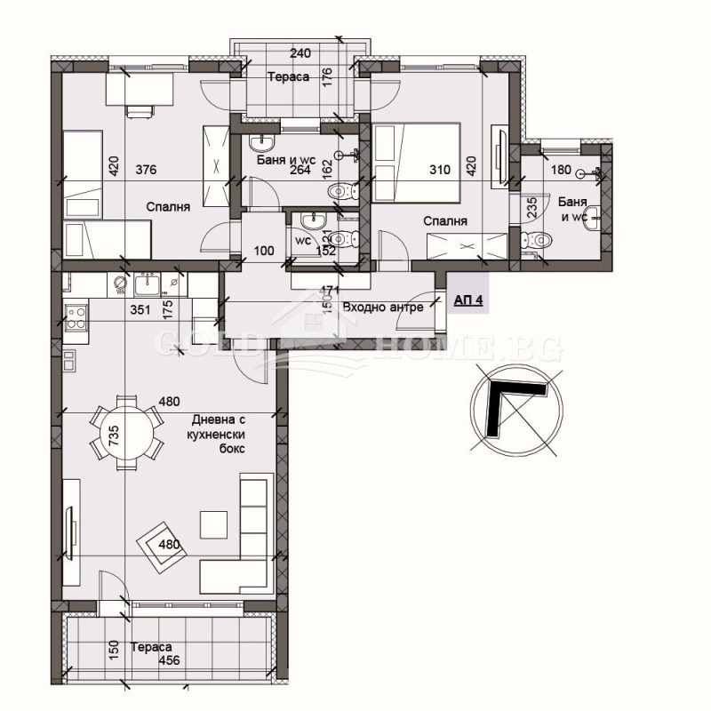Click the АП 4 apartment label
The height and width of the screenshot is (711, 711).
467,301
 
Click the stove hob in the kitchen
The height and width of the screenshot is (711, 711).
75,317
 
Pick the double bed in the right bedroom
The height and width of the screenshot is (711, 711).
416,163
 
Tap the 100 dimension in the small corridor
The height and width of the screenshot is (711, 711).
263,252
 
